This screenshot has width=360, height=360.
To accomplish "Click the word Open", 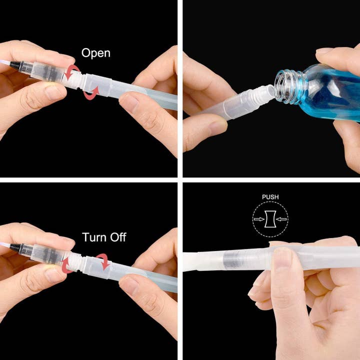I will click(x=95, y=53).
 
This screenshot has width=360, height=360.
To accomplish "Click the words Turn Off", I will click(x=104, y=236).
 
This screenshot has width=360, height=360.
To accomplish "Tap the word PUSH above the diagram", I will click(x=270, y=197).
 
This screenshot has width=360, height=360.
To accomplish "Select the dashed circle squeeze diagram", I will click(x=270, y=219).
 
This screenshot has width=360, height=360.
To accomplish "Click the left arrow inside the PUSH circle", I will click(x=259, y=219).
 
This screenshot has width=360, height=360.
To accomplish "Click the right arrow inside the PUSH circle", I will click(x=281, y=219).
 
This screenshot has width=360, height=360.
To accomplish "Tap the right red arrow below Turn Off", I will click(x=103, y=260).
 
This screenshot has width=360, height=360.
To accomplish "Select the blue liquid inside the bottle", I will click(x=330, y=95).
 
